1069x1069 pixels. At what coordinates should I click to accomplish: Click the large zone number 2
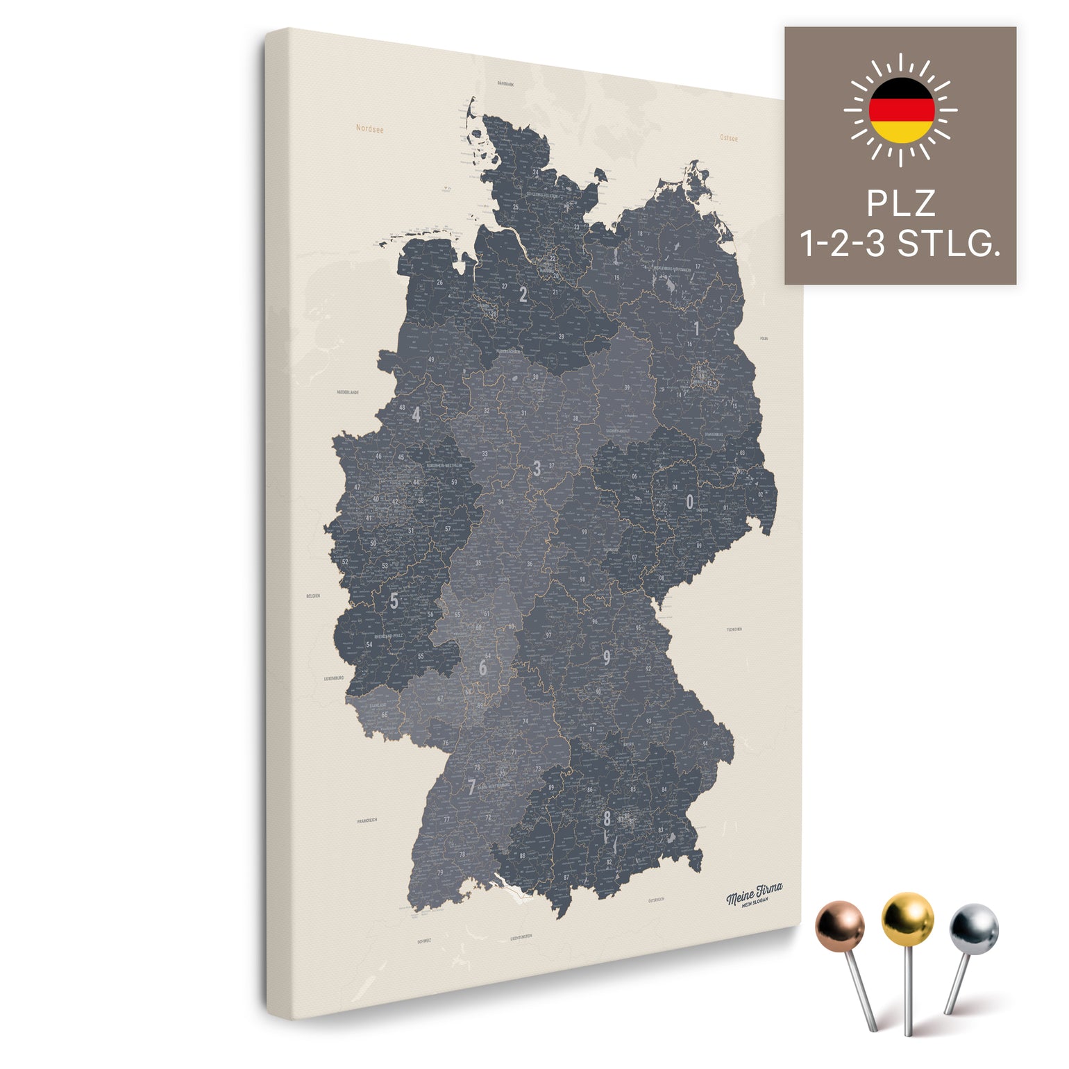523,294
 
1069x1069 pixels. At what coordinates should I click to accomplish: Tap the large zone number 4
416,414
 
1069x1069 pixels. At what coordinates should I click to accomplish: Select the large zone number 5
394,600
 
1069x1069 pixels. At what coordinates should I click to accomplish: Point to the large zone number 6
482,668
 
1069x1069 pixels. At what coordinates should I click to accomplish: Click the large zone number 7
472,787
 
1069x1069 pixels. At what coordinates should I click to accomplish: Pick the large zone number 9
607,657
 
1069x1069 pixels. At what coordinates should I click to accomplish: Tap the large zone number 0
689,502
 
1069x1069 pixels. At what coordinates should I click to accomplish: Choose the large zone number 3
537,469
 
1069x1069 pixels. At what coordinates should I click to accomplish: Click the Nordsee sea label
369,128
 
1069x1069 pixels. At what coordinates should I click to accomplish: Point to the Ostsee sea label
729,138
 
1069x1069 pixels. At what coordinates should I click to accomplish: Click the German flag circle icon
901,110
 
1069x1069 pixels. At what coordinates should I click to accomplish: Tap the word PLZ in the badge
900,204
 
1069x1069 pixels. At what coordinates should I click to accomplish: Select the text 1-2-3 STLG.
900,244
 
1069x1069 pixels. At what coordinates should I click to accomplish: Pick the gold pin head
907,917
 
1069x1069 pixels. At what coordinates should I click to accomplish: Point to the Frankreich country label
367,820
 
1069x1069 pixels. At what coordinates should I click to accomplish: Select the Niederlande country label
348,392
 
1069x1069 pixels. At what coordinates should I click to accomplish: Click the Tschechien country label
734,630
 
